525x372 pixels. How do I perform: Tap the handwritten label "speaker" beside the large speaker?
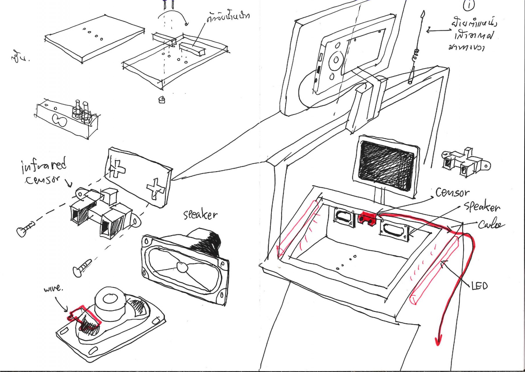point(200,215)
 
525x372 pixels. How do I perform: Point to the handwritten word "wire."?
point(53,289)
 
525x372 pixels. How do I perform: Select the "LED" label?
point(479,286)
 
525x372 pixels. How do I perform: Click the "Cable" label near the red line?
point(491,224)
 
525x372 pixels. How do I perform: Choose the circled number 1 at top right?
point(469,5)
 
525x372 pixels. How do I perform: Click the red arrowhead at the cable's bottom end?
point(438,340)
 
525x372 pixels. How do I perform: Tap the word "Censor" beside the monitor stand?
point(452,192)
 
